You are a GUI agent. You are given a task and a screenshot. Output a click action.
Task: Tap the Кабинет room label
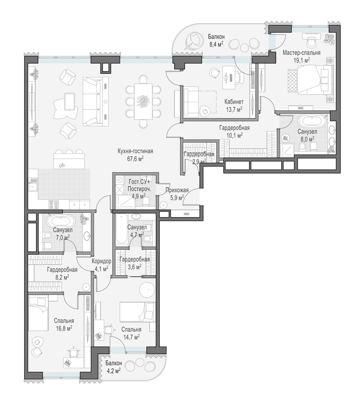click(234, 101)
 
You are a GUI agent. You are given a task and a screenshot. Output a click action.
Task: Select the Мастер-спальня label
click(302, 53)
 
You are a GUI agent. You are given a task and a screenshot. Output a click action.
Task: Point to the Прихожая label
click(177, 190)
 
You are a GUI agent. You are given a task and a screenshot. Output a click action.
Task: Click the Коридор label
click(101, 261)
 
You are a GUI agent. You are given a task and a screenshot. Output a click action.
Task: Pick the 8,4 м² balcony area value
click(216, 44)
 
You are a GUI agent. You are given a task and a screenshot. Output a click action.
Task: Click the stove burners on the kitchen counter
click(54, 204)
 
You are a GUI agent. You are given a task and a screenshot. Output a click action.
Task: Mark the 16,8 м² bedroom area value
click(64, 329)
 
